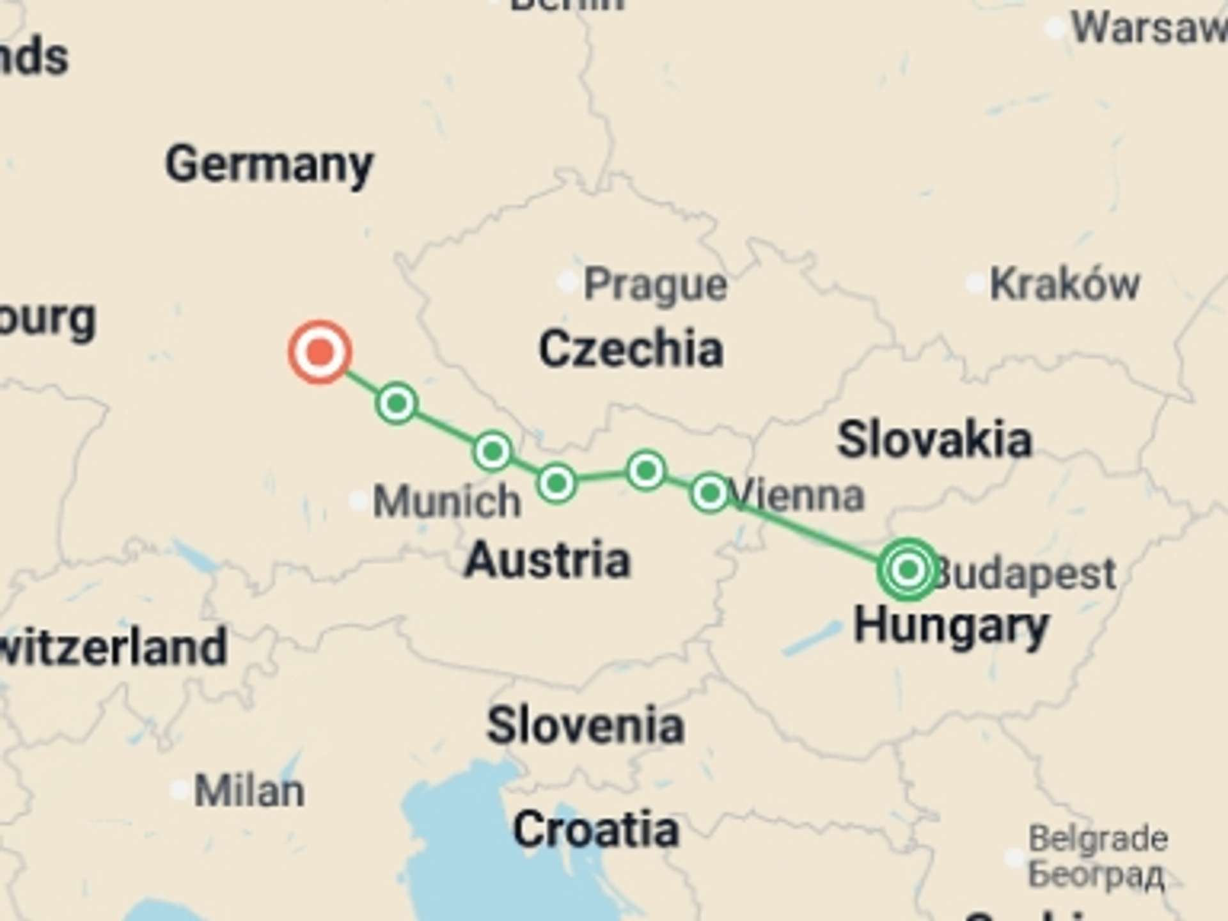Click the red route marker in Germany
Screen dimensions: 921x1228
coord(320,352)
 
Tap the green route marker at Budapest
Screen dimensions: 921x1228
coord(908,569)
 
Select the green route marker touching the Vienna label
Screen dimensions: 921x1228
coord(709,492)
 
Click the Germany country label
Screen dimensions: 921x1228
coord(269,164)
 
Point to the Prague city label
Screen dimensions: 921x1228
coord(656,284)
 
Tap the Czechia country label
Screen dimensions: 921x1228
coord(631,349)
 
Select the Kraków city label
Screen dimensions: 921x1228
coord(1064,283)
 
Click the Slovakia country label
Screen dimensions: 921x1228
coord(934,440)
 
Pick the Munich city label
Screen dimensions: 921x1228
coord(446,501)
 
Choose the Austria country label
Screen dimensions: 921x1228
coord(547,560)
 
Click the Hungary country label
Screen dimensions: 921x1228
coord(951,626)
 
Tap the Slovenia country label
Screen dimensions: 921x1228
coord(585,726)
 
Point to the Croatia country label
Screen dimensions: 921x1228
coord(595,830)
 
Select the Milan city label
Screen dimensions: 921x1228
coord(249,791)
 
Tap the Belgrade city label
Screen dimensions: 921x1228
coord(1098,838)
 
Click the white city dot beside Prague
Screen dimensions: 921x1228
coord(567,281)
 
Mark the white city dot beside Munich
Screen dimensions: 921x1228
coord(358,500)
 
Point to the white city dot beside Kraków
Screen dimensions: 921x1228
coord(975,283)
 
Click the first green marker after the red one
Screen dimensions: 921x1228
coord(397,403)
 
